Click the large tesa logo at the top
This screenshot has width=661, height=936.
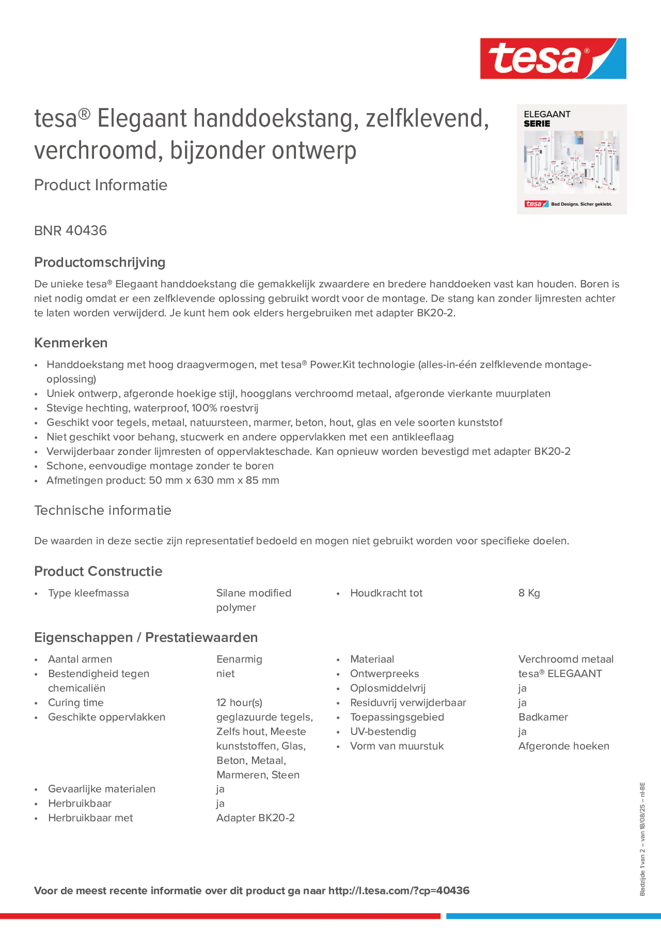[x=553, y=58]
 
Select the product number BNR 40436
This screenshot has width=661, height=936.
[x=70, y=231]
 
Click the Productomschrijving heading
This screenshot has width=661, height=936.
[x=100, y=262]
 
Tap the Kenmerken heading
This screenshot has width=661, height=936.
[x=71, y=343]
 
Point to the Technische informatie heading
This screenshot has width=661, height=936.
[x=103, y=510]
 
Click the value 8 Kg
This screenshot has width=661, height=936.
[x=529, y=593]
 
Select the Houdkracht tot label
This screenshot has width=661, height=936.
[x=386, y=593]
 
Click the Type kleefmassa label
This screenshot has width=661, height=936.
[x=88, y=593]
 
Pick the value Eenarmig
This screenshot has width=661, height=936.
[x=239, y=659]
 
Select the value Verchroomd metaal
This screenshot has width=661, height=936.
[x=566, y=659]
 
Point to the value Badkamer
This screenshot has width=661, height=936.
[x=543, y=717]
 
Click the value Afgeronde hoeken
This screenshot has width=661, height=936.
[x=564, y=746]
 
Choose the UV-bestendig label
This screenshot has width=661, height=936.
[x=383, y=731]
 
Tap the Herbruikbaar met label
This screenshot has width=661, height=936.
[x=90, y=818]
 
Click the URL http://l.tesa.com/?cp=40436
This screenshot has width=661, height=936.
[x=399, y=891]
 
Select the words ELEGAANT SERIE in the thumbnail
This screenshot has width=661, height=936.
[x=546, y=119]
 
